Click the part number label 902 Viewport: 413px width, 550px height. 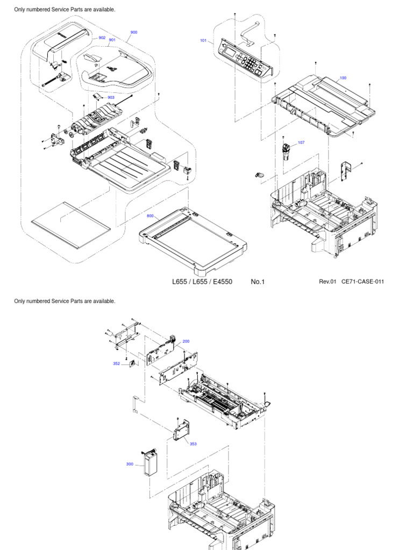click(102, 38)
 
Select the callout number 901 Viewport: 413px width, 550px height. click(112, 40)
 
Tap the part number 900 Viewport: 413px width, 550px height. click(133, 32)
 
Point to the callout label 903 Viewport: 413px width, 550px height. click(111, 97)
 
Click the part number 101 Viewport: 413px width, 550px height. click(203, 40)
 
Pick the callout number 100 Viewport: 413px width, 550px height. click(343, 78)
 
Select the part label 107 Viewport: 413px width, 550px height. click(301, 142)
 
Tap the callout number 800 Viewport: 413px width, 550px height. click(150, 216)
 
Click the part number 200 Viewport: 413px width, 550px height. click(186, 341)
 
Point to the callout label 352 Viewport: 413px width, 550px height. click(116, 364)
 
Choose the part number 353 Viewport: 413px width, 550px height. click(193, 444)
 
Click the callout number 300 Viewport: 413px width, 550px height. click(130, 464)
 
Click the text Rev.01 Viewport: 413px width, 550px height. click(327, 282)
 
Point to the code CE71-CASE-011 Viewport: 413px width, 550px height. click(363, 282)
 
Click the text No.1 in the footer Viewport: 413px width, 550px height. click(258, 282)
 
